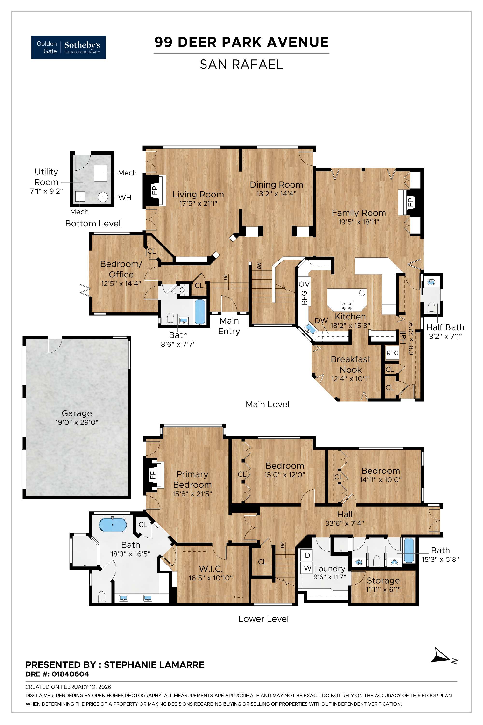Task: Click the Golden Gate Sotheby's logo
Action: [x=68, y=47]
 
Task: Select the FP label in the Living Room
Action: [x=155, y=190]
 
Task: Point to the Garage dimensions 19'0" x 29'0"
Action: [x=77, y=422]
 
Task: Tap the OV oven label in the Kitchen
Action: [x=304, y=283]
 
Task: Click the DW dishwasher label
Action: [x=321, y=321]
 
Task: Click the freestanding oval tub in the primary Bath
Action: [x=113, y=525]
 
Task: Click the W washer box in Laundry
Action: [x=307, y=568]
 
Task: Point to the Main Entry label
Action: [x=229, y=326]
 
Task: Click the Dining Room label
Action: [x=276, y=185]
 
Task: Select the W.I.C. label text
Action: [x=211, y=569]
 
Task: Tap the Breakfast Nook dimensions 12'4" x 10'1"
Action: [x=350, y=378]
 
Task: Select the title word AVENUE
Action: [x=298, y=42]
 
